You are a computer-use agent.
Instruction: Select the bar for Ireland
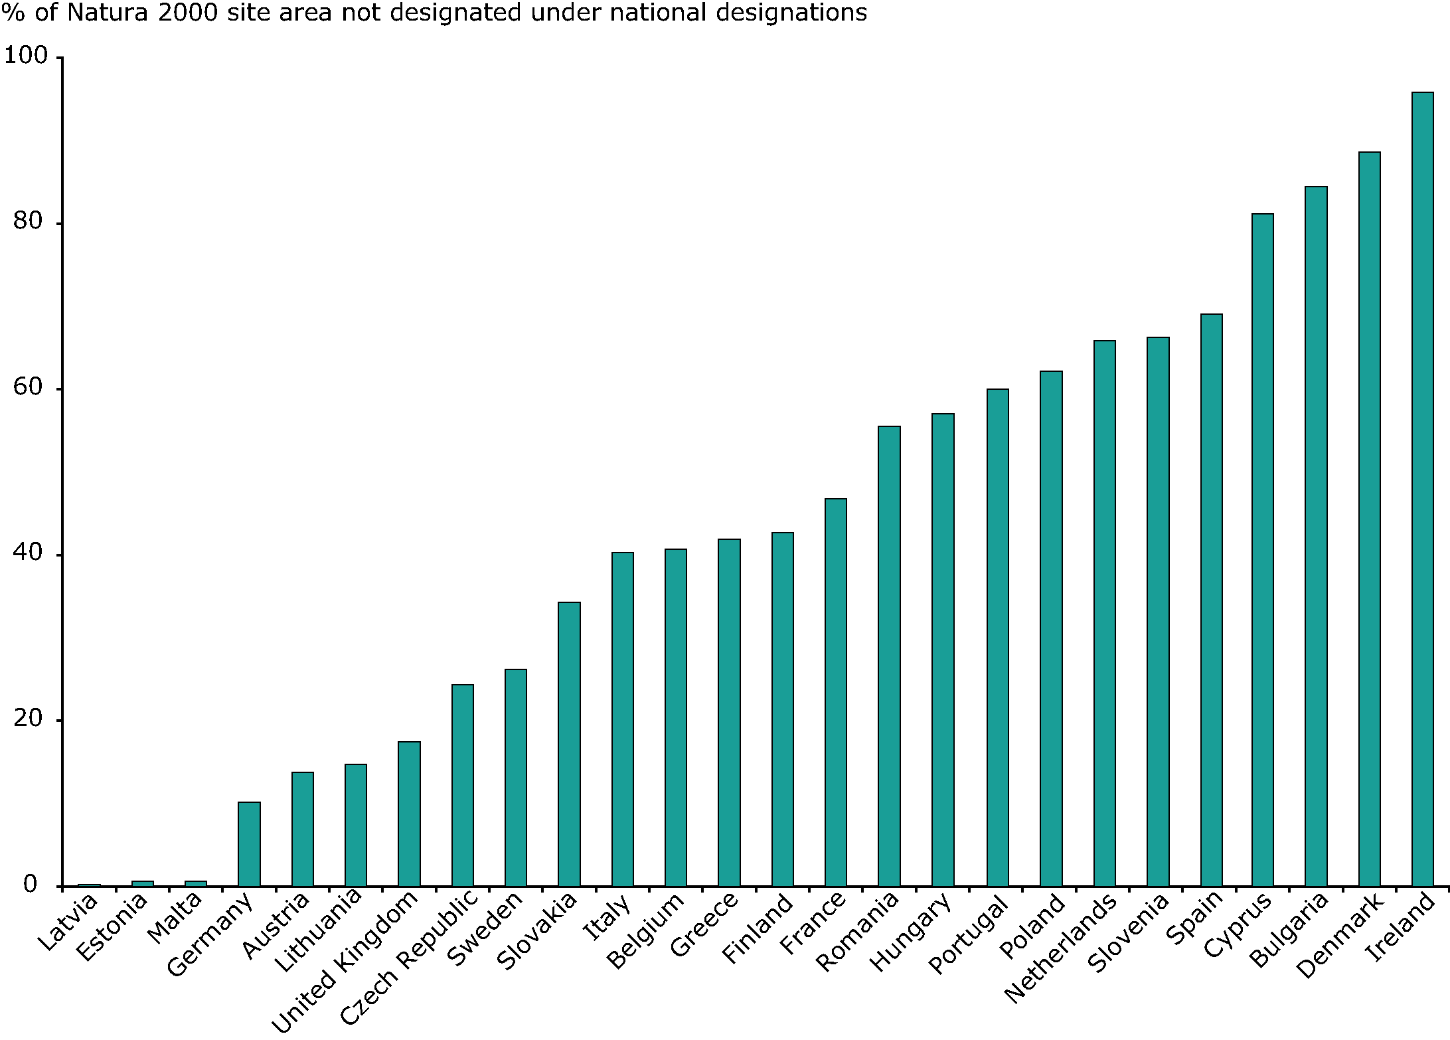pyautogui.click(x=1422, y=489)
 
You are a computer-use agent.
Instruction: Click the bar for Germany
pyautogui.click(x=249, y=844)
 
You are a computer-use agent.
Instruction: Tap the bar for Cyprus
pyautogui.click(x=1262, y=550)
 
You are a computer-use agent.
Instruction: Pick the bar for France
pyautogui.click(x=835, y=692)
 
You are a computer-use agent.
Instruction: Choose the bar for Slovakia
pyautogui.click(x=569, y=744)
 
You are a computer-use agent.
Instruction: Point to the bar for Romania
pyautogui.click(x=889, y=656)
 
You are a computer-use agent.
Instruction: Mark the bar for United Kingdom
pyautogui.click(x=409, y=814)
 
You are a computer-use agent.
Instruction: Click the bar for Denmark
pyautogui.click(x=1369, y=519)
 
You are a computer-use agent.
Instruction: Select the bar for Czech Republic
pyautogui.click(x=462, y=785)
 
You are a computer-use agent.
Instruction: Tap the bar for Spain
pyautogui.click(x=1211, y=600)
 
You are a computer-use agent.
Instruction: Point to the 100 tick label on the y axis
pyautogui.click(x=27, y=56)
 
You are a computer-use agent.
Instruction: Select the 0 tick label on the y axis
pyautogui.click(x=31, y=885)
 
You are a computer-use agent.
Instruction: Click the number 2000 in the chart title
pyautogui.click(x=187, y=12)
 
